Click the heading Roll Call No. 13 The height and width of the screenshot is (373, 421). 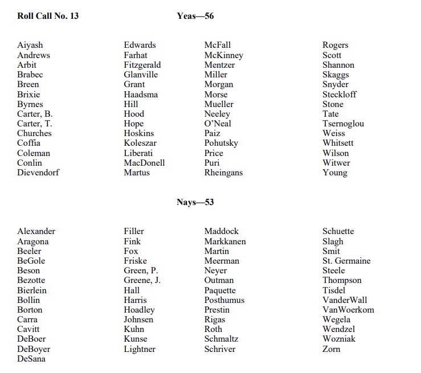point(48,16)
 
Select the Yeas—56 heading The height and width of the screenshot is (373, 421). point(195,16)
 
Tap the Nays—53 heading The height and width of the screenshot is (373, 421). point(195,202)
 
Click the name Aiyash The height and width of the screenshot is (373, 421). point(30,46)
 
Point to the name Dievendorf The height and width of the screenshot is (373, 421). point(38,173)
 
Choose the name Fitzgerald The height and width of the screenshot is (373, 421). point(142,65)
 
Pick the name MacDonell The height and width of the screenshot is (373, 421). point(144,163)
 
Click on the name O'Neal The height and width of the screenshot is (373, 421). point(218,124)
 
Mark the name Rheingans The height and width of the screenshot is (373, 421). point(224,173)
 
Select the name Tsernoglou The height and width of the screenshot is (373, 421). point(343,124)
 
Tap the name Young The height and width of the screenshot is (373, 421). point(334,173)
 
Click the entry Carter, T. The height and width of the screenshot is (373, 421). point(35,124)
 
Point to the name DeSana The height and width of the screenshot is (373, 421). point(31,359)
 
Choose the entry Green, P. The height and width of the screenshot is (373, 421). point(141,270)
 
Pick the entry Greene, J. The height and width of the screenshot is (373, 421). point(142,280)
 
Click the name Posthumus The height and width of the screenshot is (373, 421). point(224,300)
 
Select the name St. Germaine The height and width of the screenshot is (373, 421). point(346,261)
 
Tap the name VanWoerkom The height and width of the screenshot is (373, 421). point(348,310)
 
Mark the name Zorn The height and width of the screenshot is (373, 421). point(331,349)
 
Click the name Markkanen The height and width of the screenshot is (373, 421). point(225,241)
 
